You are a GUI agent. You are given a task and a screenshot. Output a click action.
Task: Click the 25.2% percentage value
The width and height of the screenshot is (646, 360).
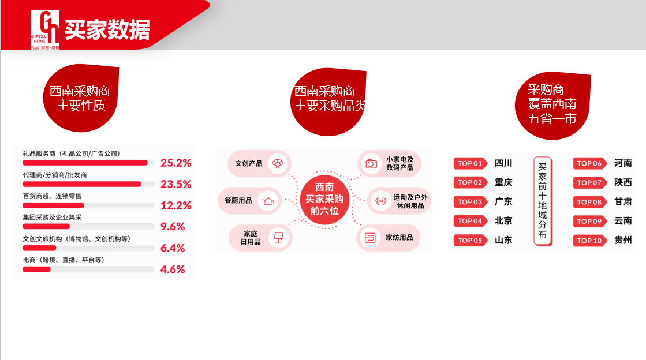tap(176, 163)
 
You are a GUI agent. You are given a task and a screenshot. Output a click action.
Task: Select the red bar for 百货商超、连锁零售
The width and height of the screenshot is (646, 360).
tap(53, 205)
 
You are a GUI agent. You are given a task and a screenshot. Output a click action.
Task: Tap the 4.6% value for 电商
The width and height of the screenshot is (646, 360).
tap(173, 269)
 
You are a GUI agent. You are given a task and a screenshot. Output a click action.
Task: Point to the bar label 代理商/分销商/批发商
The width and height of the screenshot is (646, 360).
tap(55, 175)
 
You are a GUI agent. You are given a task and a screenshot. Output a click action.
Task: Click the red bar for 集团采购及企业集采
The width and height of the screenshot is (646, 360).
tap(46, 226)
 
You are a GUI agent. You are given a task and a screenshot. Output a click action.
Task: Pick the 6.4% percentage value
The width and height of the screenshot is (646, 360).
tap(173, 248)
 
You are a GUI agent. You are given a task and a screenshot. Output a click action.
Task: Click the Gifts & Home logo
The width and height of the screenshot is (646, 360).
tap(45, 29)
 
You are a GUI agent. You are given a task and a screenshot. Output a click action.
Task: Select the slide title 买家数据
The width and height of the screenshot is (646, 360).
tap(107, 29)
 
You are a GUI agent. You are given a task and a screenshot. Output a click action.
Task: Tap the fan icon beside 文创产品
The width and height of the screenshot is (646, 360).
tap(278, 163)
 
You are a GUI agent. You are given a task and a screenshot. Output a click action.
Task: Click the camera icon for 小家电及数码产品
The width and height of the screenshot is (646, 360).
tap(371, 163)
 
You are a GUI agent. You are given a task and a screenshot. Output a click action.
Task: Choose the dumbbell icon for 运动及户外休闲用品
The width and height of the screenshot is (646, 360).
tap(380, 201)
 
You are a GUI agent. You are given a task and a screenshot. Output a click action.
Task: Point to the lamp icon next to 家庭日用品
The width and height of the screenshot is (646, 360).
tap(279, 237)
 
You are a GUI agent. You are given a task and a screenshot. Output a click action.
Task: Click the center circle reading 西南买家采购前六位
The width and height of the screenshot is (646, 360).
tap(324, 200)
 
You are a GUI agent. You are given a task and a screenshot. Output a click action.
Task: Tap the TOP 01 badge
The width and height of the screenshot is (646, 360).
tap(471, 163)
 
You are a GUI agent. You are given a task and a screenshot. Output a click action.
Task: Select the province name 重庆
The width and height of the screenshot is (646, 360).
tap(503, 182)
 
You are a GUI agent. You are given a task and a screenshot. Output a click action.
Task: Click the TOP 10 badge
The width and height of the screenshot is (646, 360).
tap(590, 241)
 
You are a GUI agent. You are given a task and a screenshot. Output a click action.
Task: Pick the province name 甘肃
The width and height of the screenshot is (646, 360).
tap(623, 202)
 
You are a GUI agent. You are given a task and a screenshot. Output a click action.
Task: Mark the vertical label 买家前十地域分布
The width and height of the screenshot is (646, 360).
tap(543, 201)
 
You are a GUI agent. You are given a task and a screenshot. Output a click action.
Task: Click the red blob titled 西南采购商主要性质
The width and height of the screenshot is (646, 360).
tap(81, 98)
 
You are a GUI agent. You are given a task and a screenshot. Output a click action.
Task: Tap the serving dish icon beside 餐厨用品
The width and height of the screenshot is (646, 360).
tap(268, 201)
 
